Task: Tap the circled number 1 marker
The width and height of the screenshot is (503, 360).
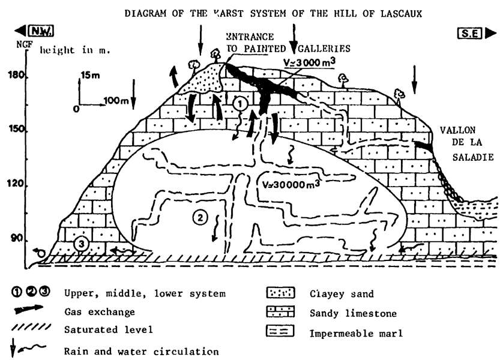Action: point(240,103)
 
